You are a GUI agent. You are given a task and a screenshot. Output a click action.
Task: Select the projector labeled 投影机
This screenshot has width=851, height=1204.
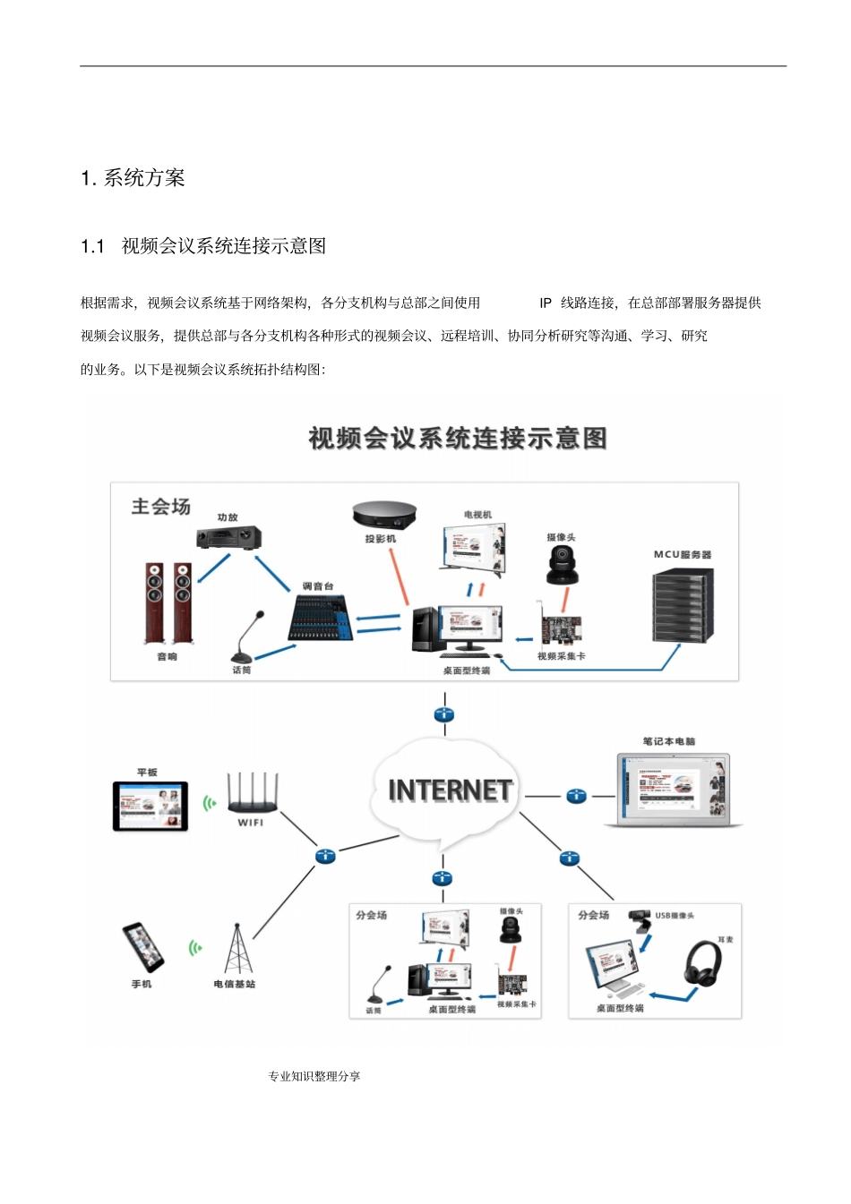tap(384, 516)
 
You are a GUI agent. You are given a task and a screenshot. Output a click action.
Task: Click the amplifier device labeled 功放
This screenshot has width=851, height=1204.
tap(228, 538)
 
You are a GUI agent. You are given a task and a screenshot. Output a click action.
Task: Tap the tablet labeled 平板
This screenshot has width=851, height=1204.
tap(150, 806)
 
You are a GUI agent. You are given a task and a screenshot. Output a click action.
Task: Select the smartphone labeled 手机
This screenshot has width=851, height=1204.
tap(143, 947)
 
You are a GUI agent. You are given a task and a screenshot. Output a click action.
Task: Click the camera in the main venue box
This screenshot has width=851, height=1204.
tap(562, 565)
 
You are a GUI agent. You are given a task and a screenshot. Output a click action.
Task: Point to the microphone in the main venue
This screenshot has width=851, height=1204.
tap(248, 636)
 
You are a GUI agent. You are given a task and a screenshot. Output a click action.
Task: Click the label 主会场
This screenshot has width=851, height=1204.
tap(161, 507)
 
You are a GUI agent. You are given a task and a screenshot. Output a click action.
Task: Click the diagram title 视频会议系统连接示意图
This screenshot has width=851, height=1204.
tap(458, 439)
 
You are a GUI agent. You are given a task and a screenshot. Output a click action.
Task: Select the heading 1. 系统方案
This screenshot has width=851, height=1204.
tap(133, 178)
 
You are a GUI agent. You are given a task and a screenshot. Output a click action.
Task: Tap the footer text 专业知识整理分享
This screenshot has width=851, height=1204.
tap(314, 1076)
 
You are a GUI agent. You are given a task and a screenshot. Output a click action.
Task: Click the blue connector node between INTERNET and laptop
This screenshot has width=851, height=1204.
tap(576, 796)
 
